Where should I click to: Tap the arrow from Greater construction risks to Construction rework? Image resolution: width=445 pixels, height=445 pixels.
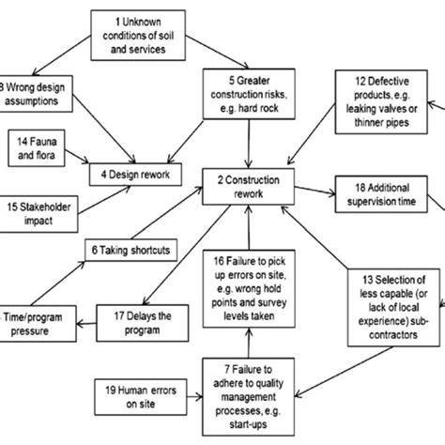(248, 141)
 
